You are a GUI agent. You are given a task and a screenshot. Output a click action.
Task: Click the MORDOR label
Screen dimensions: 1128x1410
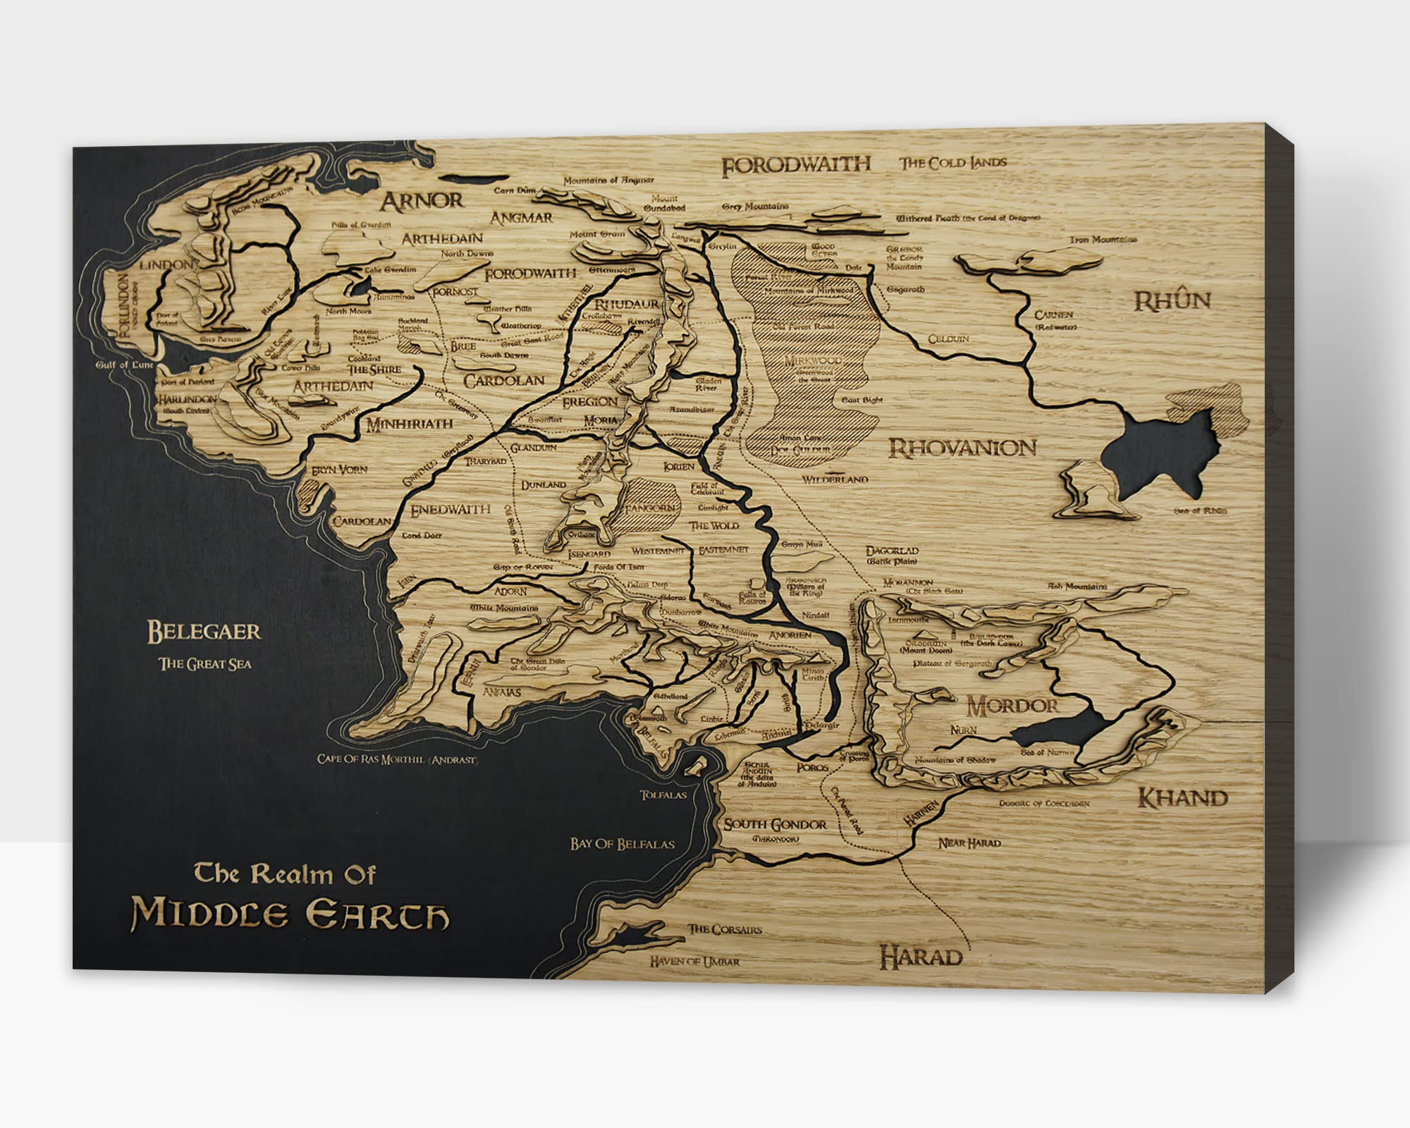click(x=1012, y=706)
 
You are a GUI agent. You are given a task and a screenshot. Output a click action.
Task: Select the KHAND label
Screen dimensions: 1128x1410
click(x=1183, y=798)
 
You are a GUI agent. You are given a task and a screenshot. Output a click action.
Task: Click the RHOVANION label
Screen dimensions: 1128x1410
click(x=962, y=448)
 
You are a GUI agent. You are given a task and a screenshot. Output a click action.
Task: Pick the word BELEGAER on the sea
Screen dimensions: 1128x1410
click(x=204, y=632)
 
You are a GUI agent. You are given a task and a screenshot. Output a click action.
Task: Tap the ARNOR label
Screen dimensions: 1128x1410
click(x=422, y=201)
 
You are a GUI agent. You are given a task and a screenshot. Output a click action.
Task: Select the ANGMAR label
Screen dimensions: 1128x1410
click(x=522, y=219)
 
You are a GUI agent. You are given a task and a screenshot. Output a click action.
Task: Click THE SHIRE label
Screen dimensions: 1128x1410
click(x=374, y=369)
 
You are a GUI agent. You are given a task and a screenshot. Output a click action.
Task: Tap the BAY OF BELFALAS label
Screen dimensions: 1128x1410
click(x=623, y=844)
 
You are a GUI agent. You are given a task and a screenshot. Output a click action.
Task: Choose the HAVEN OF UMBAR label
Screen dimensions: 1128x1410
click(x=694, y=961)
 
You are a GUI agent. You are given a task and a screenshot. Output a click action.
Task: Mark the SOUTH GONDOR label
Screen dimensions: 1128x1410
click(x=775, y=825)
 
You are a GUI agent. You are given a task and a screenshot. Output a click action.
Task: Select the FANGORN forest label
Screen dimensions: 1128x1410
click(x=652, y=508)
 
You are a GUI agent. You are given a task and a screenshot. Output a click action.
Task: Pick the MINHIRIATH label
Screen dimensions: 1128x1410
click(x=409, y=424)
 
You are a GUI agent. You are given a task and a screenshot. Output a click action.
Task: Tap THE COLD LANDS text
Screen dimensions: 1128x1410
click(x=952, y=163)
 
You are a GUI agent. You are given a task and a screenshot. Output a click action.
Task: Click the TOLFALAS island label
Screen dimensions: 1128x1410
click(x=663, y=795)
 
